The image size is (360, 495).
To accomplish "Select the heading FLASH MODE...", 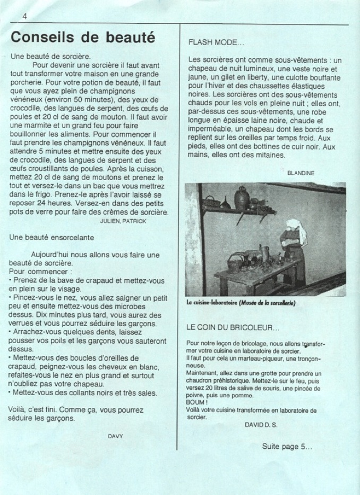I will click(x=216, y=42).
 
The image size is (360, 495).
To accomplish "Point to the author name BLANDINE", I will click(x=301, y=173).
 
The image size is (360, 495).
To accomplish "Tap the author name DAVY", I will click(x=115, y=436).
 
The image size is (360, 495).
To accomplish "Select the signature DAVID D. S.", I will click(x=261, y=425).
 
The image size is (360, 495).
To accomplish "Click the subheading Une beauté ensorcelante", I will click(x=52, y=237).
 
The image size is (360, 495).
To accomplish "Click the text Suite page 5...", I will click(x=287, y=447).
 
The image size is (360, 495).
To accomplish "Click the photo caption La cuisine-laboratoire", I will click(x=241, y=303).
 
